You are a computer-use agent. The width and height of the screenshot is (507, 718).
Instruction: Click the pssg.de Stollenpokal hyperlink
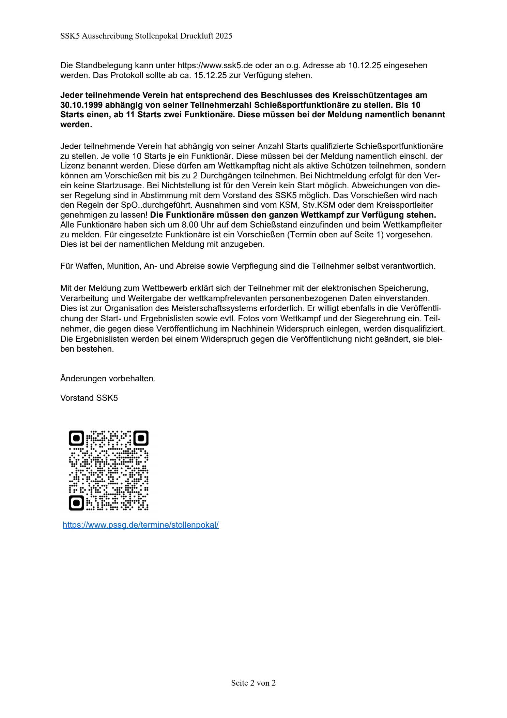140,525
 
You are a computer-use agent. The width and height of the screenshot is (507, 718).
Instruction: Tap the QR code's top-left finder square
76,438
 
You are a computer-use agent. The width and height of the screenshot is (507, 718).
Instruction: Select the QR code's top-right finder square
141,438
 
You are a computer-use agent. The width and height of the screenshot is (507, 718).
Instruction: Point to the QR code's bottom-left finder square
76,503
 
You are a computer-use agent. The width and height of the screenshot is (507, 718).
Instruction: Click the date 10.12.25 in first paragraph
364,65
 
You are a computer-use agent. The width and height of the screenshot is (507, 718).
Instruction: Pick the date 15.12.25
210,75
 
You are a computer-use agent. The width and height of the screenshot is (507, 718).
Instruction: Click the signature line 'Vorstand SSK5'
89,398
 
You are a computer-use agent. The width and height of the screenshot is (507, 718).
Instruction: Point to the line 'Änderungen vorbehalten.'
108,379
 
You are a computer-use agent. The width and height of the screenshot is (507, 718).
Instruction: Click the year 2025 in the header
224,36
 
